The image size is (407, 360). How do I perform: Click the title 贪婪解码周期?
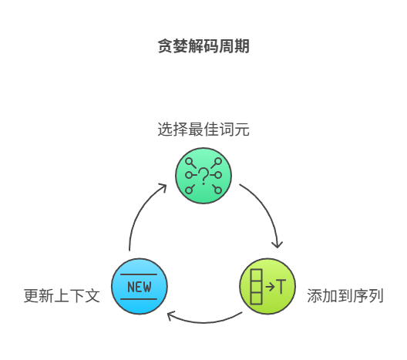pos(203,47)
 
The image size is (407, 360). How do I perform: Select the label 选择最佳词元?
pos(203,130)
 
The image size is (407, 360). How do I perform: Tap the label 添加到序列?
pos(345,296)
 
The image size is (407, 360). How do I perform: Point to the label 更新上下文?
pos(62,296)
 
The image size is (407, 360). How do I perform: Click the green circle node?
pos(203,176)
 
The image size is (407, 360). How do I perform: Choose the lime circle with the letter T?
pos(267,287)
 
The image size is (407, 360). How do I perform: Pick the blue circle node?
pos(140,287)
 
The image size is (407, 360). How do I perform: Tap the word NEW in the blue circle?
pos(140,288)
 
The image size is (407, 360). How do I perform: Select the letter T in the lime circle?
pos(281,287)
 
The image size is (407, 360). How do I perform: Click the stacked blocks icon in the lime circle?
pos(255,287)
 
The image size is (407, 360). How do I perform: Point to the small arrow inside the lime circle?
pos(269,287)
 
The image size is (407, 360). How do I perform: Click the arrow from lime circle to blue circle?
pos(203,318)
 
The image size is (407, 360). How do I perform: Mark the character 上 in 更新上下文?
pos(62,296)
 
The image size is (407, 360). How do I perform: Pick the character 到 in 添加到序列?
pos(345,296)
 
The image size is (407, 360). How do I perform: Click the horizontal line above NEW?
pos(140,275)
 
